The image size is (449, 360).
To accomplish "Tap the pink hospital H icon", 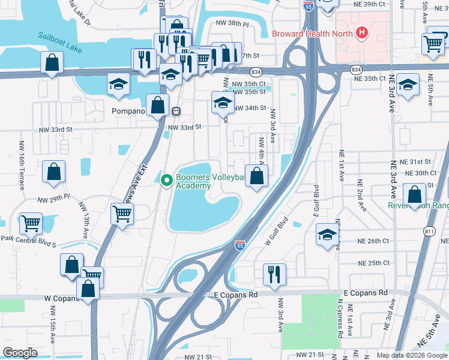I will pos(361,32).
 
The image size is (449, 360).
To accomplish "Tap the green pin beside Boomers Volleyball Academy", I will pos(166,178).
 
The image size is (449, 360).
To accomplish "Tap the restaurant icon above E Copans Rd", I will pos(274,274).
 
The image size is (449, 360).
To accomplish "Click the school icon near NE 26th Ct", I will pos(327,233).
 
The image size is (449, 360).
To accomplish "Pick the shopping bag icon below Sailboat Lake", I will pos(52,61).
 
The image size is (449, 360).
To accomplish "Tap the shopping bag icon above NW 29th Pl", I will pos(54,172).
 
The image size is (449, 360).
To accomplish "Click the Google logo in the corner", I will pos(20,352).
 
